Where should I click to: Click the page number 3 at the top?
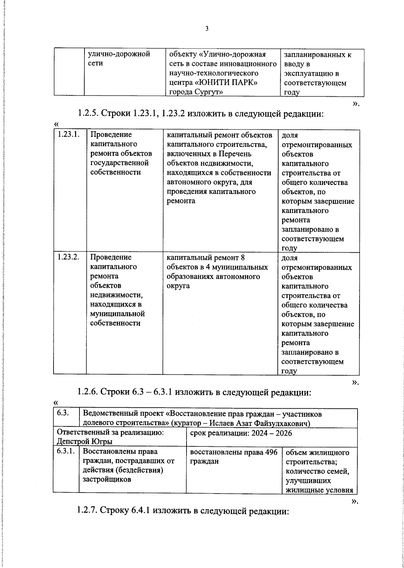[x=207, y=29]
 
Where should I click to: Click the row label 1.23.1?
[x=68, y=134]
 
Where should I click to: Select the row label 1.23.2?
[x=68, y=257]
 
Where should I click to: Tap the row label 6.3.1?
[x=66, y=451]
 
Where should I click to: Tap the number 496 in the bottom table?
[x=271, y=452]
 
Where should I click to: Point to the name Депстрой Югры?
[x=85, y=441]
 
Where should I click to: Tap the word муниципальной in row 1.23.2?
[x=117, y=314]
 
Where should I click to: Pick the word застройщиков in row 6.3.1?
[x=107, y=479]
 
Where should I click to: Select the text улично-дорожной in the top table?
[x=119, y=54]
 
